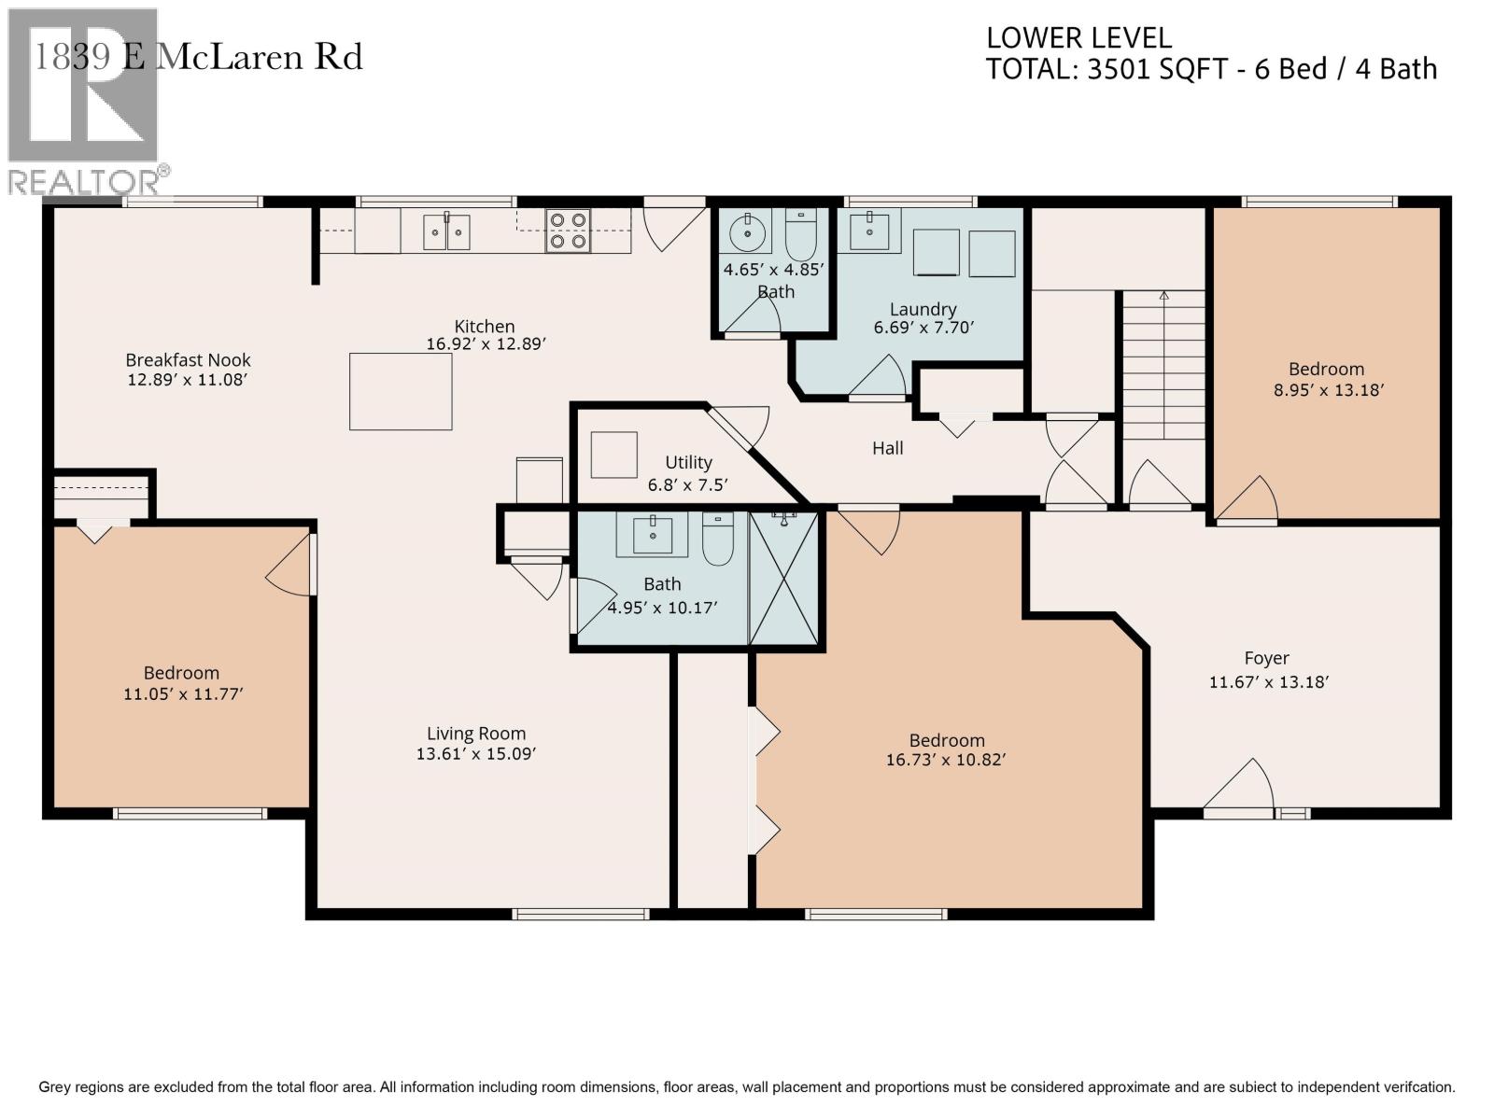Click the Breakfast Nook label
(x=188, y=359)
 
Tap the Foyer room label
(x=1266, y=658)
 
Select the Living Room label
(x=476, y=734)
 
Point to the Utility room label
(x=688, y=462)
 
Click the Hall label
(x=888, y=448)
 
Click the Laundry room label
(x=923, y=310)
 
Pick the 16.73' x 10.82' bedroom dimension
(x=945, y=760)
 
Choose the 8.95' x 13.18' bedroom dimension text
(x=1328, y=390)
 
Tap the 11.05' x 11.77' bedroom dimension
(x=183, y=694)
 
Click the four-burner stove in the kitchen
(x=568, y=231)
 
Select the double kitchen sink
(x=445, y=231)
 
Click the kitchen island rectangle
(x=401, y=392)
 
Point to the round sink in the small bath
(x=747, y=232)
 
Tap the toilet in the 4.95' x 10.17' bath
(x=717, y=539)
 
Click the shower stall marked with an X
(x=783, y=578)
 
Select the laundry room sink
(x=869, y=231)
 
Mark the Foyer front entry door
(x=1238, y=788)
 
